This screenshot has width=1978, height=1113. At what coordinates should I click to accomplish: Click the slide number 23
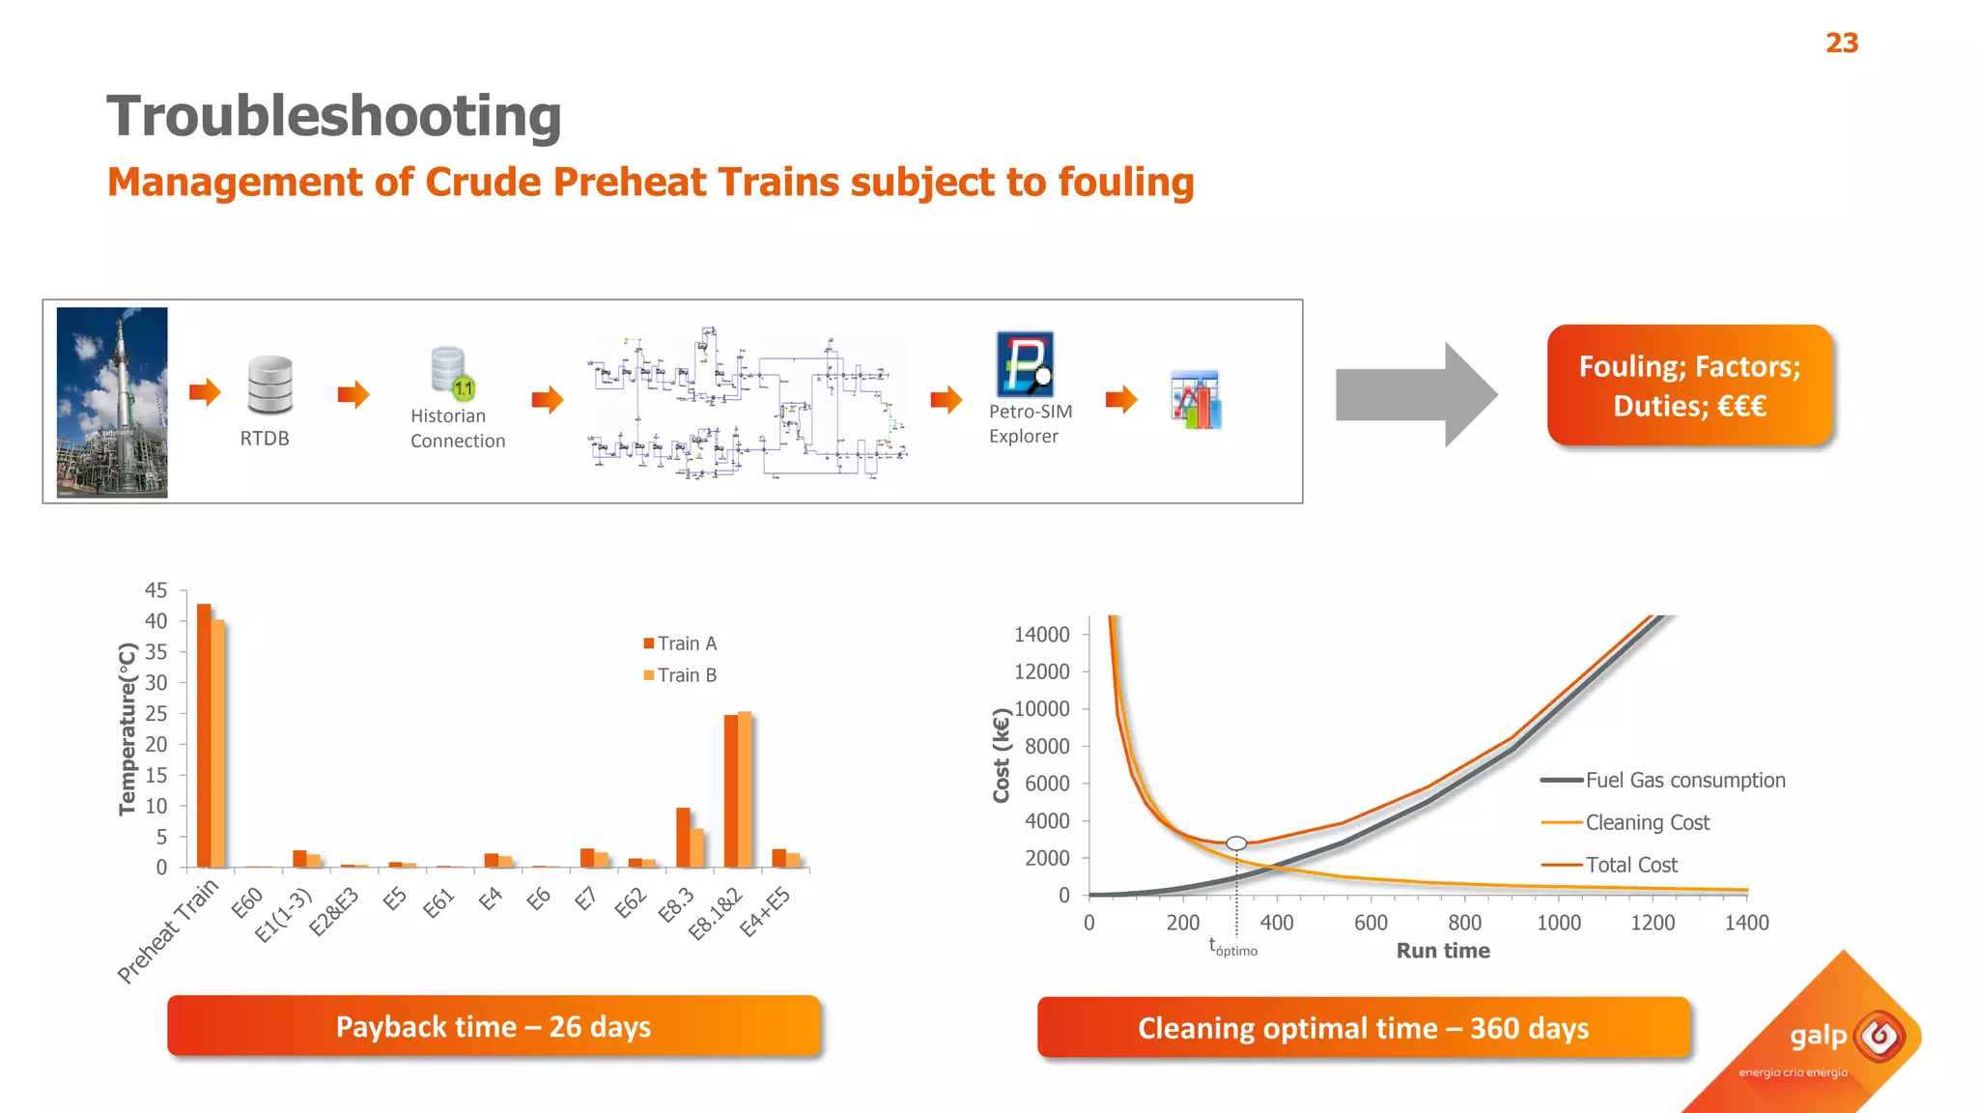(1841, 43)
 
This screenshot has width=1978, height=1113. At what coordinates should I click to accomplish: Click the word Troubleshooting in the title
(333, 116)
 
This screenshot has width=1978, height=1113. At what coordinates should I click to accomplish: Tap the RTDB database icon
(269, 384)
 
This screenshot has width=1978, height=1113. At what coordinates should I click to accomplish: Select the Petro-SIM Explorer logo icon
(1024, 364)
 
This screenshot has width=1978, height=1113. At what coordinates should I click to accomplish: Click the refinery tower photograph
(112, 402)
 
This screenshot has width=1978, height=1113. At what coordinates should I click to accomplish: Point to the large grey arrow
(1415, 394)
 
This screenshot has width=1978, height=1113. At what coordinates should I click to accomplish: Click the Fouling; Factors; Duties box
(1688, 385)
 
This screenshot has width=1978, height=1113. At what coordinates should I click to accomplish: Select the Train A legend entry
(680, 643)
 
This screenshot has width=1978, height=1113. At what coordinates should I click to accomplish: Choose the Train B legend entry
(680, 675)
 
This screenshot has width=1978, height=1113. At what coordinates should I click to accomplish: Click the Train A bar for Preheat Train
(204, 734)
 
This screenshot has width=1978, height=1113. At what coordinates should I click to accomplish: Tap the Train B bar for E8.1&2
(745, 789)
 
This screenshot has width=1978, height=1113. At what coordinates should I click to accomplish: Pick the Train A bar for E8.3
(683, 837)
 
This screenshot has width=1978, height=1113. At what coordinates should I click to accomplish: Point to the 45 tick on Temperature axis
(155, 590)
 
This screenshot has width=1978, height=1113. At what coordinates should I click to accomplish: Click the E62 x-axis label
(630, 903)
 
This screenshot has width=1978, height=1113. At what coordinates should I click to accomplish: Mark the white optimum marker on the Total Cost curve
(1236, 843)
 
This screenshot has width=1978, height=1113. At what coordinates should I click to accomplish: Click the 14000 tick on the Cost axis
(1041, 635)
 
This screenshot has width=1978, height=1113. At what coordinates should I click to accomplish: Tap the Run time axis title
(1442, 951)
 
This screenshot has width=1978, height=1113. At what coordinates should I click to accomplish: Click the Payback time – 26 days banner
(494, 1026)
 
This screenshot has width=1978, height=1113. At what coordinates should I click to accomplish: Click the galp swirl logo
(1879, 1037)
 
